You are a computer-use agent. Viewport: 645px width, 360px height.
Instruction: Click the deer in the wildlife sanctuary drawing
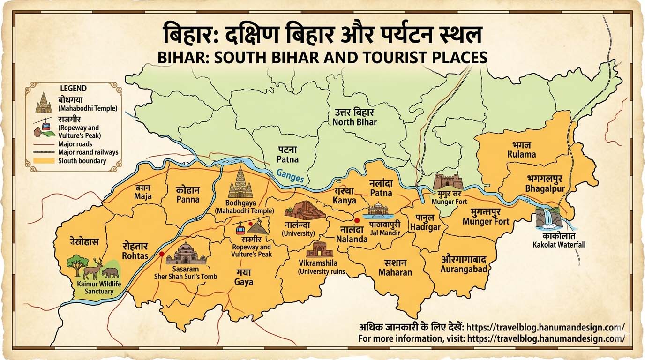pyautogui.click(x=94, y=268)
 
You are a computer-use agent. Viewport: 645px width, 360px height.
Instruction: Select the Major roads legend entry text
pyautogui.click(x=75, y=144)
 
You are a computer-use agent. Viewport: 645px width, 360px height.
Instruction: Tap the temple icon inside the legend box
pyautogui.click(x=44, y=103)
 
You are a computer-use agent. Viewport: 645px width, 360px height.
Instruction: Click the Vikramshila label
pyautogui.click(x=321, y=263)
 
